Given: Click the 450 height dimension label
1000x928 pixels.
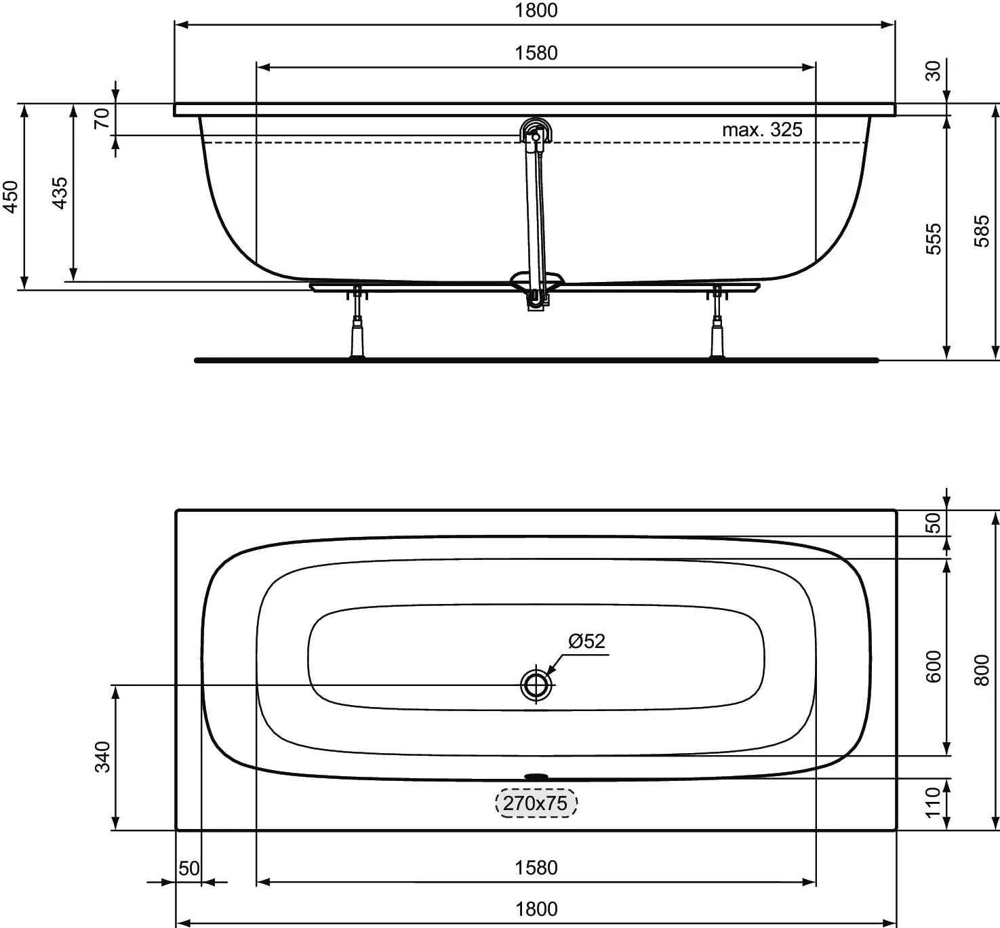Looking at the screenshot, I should [x=12, y=197].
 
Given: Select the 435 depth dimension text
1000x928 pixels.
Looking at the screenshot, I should [x=60, y=193].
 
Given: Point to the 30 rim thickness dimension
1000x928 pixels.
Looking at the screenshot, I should [x=934, y=70].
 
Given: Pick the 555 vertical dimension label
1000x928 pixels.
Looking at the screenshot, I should [x=934, y=238].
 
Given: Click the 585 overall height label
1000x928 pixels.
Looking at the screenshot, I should [x=982, y=231].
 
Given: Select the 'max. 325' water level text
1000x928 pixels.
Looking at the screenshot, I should [x=762, y=129].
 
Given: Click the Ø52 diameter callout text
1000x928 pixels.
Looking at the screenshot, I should [x=586, y=641].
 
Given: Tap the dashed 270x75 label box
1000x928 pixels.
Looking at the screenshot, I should [x=536, y=803].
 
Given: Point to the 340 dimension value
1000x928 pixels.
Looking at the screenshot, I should [x=102, y=756].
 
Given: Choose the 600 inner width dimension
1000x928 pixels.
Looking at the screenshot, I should [x=934, y=666].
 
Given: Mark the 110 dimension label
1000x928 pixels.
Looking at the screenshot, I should [x=934, y=802].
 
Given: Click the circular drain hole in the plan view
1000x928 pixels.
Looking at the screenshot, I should [x=536, y=685].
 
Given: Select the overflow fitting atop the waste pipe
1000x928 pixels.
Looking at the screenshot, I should [x=536, y=130].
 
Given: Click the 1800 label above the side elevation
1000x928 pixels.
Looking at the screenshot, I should [x=536, y=10].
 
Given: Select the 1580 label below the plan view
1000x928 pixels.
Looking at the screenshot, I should [x=536, y=868].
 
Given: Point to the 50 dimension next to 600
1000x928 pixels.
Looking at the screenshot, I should [x=934, y=523].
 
